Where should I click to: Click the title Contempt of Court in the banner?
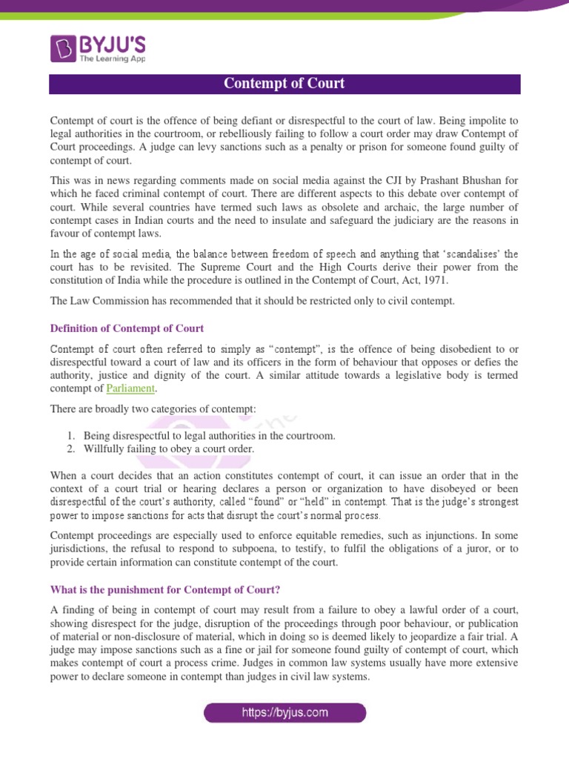pos(284,84)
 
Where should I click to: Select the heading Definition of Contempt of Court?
pos(127,328)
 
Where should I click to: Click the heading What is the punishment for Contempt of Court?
pos(164,590)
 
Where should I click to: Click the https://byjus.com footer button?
pos(285,714)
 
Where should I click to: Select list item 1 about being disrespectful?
pos(209,436)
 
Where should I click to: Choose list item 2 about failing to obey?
pos(169,449)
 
